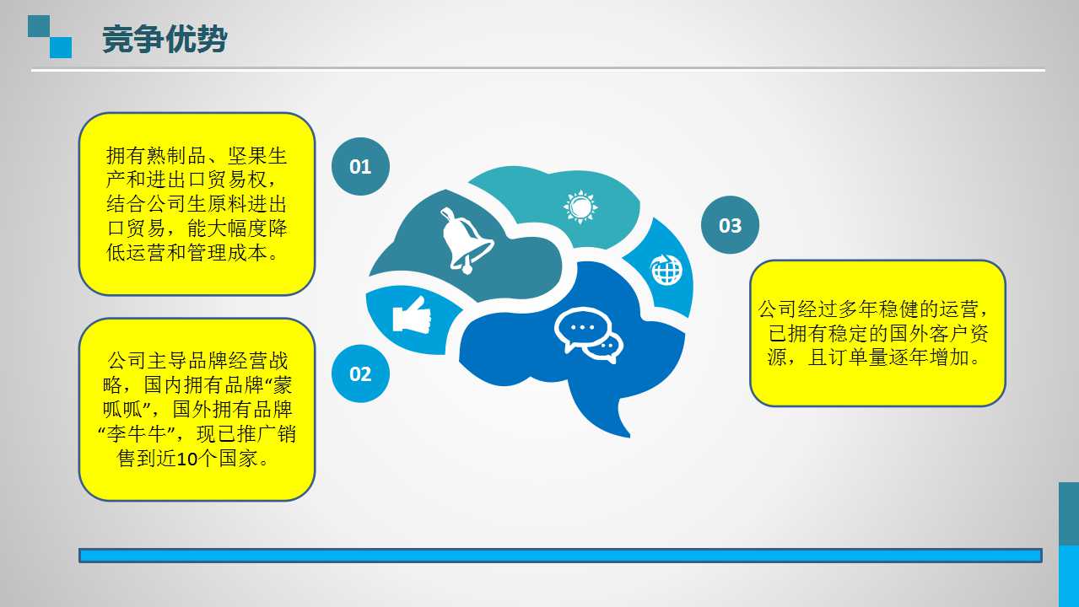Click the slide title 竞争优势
pyautogui.click(x=165, y=39)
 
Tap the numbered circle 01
pyautogui.click(x=360, y=167)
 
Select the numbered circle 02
pyautogui.click(x=360, y=373)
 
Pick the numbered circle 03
pyautogui.click(x=730, y=225)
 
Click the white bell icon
pyautogui.click(x=466, y=239)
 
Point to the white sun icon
pyautogui.click(x=580, y=207)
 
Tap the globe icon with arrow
pyautogui.click(x=666, y=270)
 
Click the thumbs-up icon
pyautogui.click(x=412, y=314)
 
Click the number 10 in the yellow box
pyautogui.click(x=187, y=459)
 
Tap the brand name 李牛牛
pyautogui.click(x=137, y=434)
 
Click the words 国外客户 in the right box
pyautogui.click(x=928, y=333)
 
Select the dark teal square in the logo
pyautogui.click(x=39, y=26)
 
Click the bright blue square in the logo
pyautogui.click(x=61, y=48)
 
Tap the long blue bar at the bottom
pyautogui.click(x=561, y=556)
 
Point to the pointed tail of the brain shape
pyautogui.click(x=629, y=436)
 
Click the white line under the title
pyautogui.click(x=538, y=70)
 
